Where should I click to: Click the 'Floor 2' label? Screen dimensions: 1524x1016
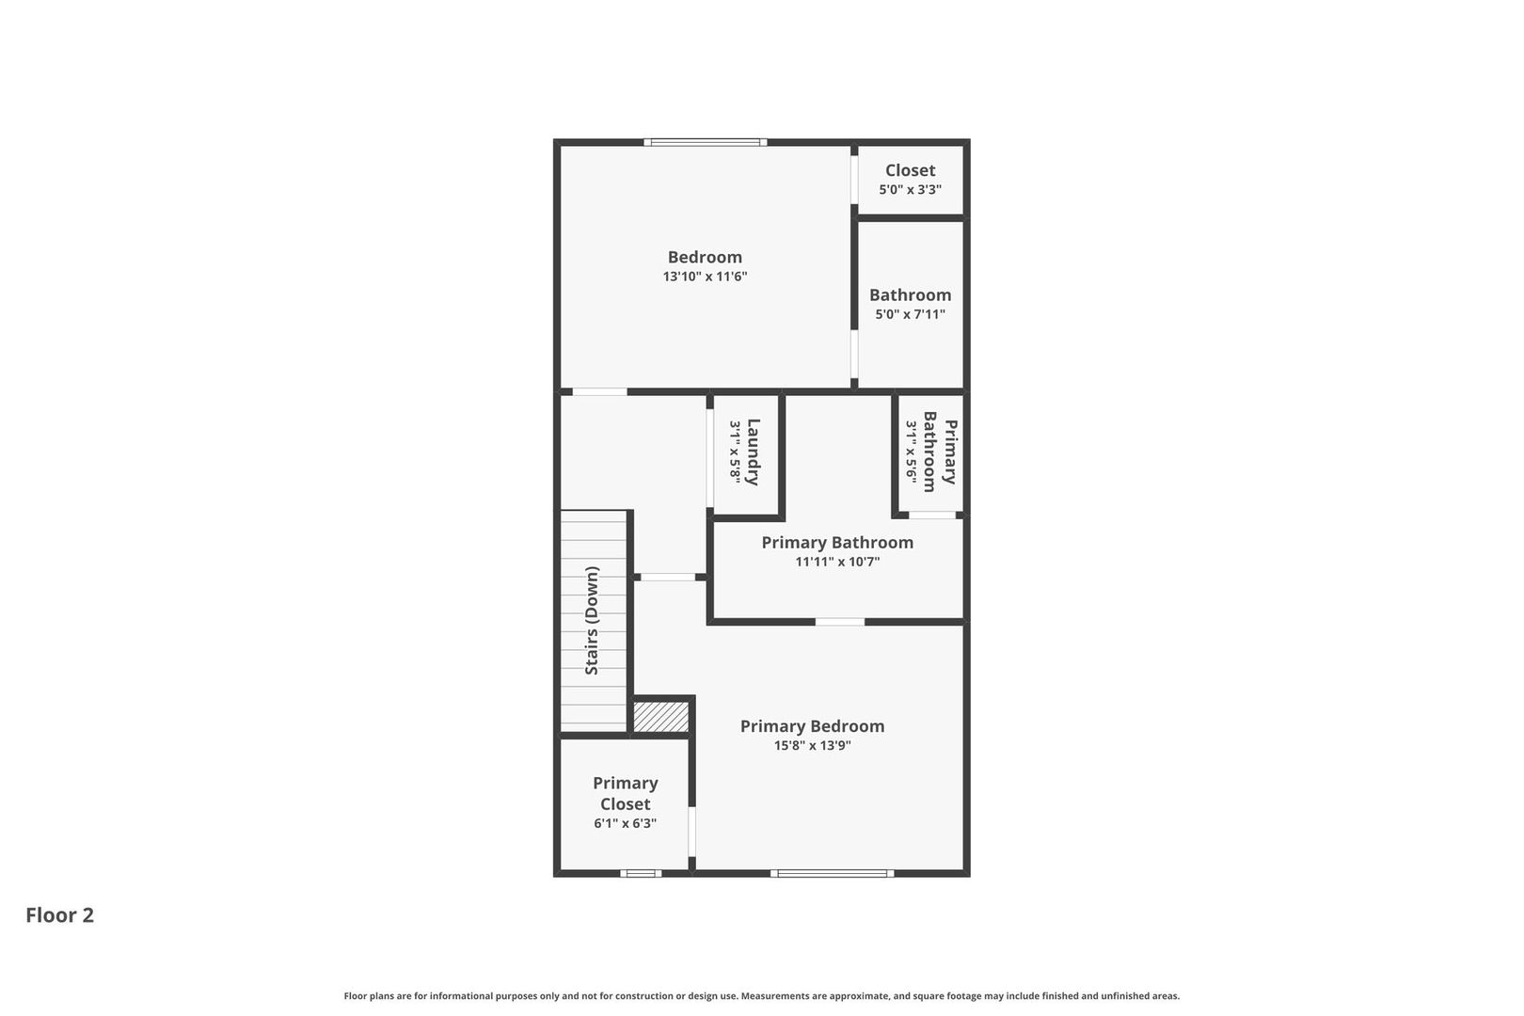60,915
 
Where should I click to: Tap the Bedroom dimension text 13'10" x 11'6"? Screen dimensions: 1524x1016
705,277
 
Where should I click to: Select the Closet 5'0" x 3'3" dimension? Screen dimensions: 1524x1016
910,189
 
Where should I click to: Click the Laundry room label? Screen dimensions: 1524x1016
754,452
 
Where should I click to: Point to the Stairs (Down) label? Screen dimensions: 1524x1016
592,621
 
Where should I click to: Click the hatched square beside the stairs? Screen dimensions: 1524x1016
661,717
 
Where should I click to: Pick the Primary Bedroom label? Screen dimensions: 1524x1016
813,726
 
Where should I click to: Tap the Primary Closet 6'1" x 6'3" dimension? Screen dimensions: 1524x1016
625,823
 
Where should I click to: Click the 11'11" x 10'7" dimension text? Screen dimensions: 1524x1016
837,563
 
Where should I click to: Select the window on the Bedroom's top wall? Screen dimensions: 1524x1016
706,142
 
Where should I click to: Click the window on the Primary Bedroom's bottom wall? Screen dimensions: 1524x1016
832,874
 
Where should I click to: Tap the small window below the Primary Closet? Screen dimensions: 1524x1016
641,874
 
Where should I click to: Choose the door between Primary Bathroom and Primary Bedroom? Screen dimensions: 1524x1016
839,622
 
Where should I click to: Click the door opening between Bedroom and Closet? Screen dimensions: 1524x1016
854,180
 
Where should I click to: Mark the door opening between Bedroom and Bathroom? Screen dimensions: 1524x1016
854,354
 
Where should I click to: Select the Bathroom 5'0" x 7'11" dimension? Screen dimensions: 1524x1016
910,314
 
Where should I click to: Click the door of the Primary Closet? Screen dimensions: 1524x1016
692,832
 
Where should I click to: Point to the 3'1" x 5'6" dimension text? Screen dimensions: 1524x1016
911,452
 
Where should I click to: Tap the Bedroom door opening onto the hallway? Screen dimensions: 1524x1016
599,392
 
